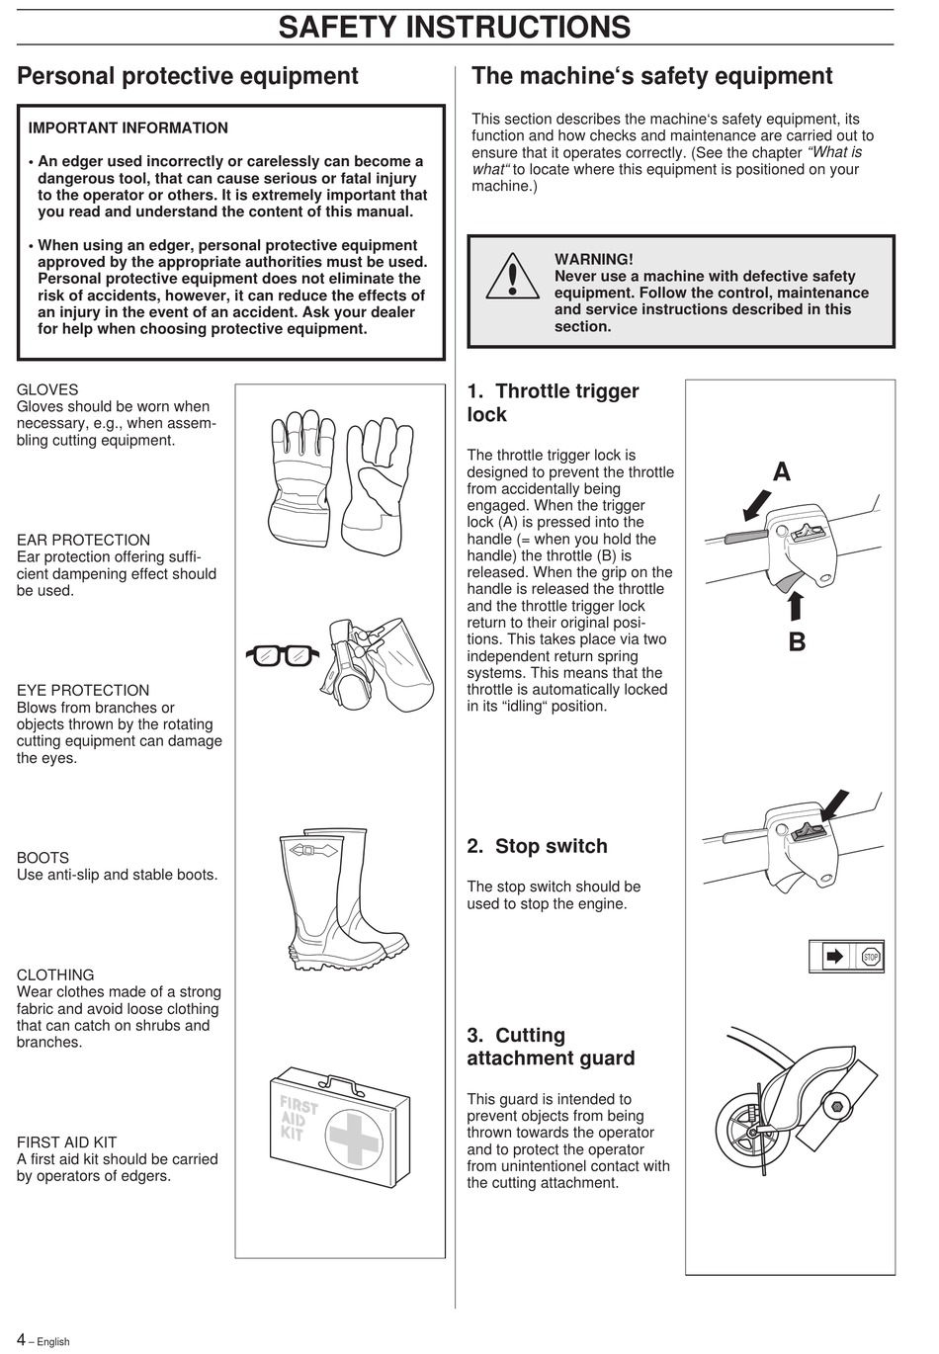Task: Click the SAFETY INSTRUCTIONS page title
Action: pos(454,27)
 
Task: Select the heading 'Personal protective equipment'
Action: pos(188,76)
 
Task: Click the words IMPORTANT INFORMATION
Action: pos(128,128)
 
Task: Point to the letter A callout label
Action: pos(781,472)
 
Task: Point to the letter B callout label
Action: pos(797,642)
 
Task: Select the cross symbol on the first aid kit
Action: pos(354,1137)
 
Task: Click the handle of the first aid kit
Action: pos(336,1084)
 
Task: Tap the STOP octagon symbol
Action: pos(870,957)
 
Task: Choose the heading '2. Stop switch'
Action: pos(537,846)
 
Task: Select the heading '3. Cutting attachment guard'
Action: pos(551,1047)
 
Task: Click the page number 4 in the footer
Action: pos(21,1339)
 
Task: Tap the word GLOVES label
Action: pos(47,390)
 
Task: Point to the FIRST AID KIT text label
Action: pos(66,1142)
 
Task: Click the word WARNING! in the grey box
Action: pos(593,260)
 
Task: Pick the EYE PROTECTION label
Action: pos(83,691)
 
